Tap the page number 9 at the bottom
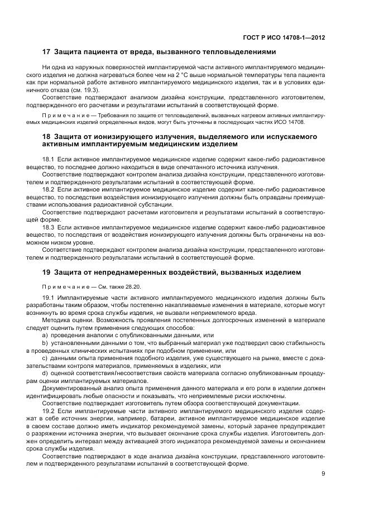click(x=323, y=475)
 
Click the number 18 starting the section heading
click(x=47, y=136)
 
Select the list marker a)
click(x=45, y=336)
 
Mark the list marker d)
click(x=45, y=373)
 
